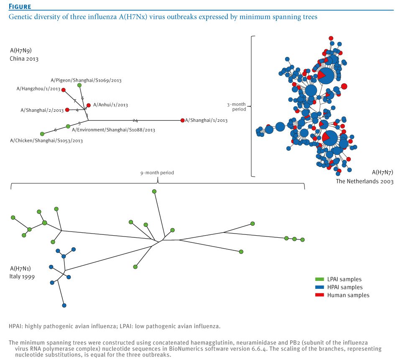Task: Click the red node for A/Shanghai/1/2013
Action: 182,120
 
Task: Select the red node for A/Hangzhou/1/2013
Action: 64,90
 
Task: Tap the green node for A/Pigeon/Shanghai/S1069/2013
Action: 79,85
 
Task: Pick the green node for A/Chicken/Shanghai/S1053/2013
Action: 42,134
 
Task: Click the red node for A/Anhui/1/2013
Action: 88,105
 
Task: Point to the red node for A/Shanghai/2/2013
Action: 67,110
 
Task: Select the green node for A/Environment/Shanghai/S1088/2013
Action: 68,126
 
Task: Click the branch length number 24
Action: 135,120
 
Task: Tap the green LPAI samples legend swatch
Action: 320,279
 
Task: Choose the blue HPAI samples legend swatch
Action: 320,287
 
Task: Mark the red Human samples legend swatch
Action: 320,295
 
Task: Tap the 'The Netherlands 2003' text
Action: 365,182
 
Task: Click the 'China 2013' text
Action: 24,59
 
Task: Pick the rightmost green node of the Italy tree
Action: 302,240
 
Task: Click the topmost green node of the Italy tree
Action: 154,191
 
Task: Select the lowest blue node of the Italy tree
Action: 64,306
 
